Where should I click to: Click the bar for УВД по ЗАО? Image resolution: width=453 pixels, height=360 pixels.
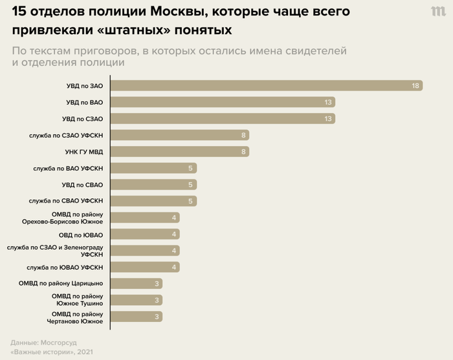point(265,85)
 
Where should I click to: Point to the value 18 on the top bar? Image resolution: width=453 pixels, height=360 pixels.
point(416,85)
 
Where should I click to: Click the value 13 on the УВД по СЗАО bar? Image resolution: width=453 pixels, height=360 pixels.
point(329,118)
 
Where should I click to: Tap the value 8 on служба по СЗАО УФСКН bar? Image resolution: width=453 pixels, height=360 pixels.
point(243,135)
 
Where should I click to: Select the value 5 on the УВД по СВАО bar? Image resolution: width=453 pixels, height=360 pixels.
point(191,185)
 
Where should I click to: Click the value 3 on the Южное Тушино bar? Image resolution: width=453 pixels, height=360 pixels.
point(157,300)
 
